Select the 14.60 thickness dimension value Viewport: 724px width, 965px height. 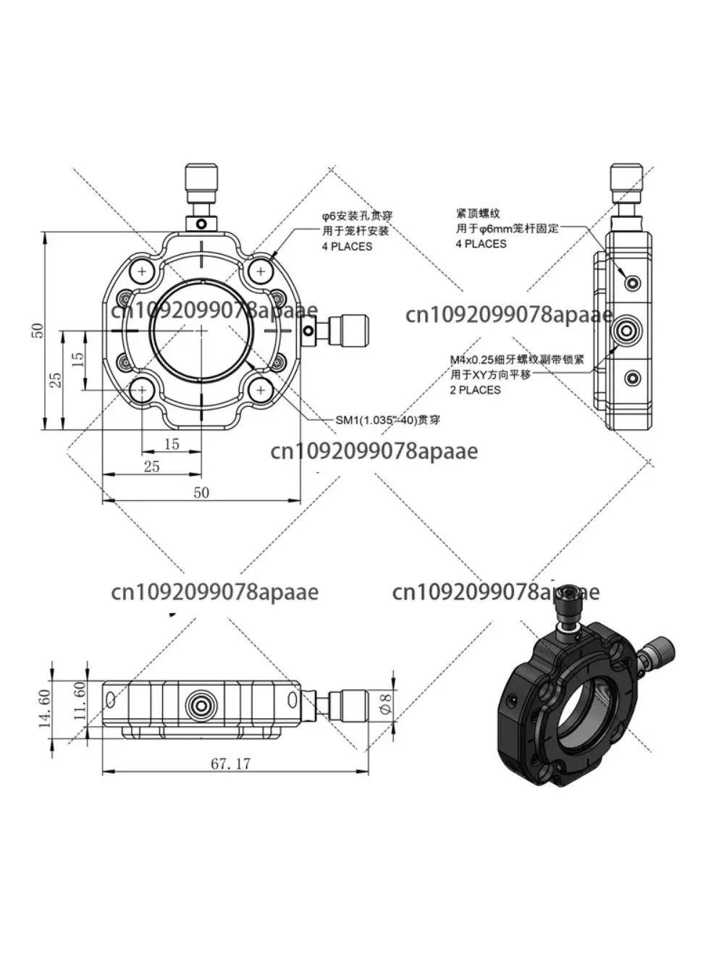point(44,707)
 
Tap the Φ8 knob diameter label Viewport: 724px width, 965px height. point(386,702)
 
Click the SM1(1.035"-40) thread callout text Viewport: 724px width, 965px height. point(387,420)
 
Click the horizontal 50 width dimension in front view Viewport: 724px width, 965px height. point(201,492)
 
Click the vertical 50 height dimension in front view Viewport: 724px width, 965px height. point(38,330)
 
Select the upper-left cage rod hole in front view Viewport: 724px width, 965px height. point(142,271)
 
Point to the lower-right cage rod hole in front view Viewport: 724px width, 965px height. point(260,391)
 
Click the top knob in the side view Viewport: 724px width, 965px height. point(626,185)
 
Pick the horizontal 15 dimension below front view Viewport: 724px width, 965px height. point(172,444)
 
